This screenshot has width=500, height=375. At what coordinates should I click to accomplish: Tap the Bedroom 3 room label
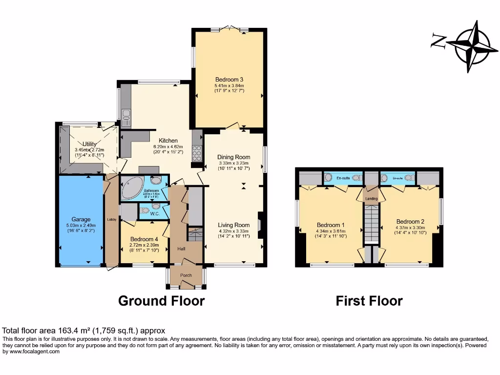(229, 80)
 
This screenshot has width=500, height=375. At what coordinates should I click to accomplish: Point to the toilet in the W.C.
(145, 211)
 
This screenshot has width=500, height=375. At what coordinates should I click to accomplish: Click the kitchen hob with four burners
(198, 153)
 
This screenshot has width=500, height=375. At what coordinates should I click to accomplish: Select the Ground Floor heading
(161, 301)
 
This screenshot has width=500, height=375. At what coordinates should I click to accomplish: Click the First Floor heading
(369, 301)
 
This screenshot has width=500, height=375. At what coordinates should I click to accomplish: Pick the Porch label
(186, 275)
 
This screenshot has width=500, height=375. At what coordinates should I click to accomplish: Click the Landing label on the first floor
(371, 199)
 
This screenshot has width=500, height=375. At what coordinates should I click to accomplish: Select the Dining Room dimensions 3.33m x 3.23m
(233, 163)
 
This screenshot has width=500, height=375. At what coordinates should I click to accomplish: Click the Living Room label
(233, 225)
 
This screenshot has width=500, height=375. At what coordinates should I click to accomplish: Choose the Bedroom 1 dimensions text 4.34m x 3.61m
(331, 231)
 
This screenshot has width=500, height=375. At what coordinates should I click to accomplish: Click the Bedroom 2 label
(411, 221)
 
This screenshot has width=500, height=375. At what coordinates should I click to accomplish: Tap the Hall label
(181, 249)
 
